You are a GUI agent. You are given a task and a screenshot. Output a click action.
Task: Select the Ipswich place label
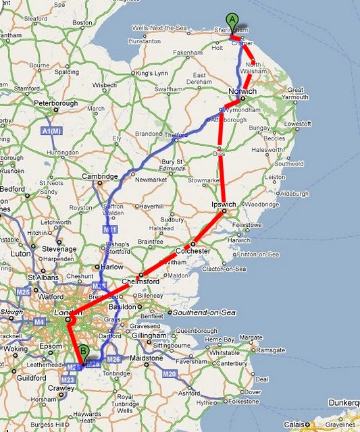[x=223, y=204]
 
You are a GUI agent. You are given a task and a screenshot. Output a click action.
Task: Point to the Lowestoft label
[x=298, y=124]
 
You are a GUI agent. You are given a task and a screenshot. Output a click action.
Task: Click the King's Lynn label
[x=150, y=72]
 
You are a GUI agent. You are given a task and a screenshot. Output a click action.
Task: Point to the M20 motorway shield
[x=169, y=374]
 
